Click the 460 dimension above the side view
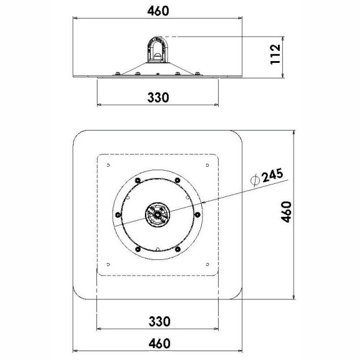[x=158, y=11]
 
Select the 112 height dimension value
[x=276, y=54]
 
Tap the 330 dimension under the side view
[x=158, y=97]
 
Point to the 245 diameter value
[x=273, y=175]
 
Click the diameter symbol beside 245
[x=255, y=180]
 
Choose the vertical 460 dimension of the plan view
[x=286, y=211]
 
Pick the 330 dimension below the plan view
[x=159, y=321]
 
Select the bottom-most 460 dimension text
[x=159, y=343]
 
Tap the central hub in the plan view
[x=158, y=214]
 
